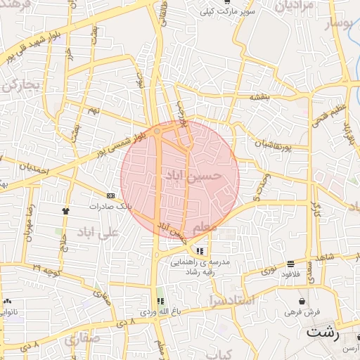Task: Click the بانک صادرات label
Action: click(x=110, y=207)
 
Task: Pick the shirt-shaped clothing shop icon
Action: click(x=65, y=210)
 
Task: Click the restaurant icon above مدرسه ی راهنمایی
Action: click(x=200, y=250)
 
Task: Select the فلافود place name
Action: click(x=290, y=274)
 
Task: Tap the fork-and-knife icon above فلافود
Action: click(x=290, y=264)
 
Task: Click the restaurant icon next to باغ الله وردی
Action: click(x=169, y=300)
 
